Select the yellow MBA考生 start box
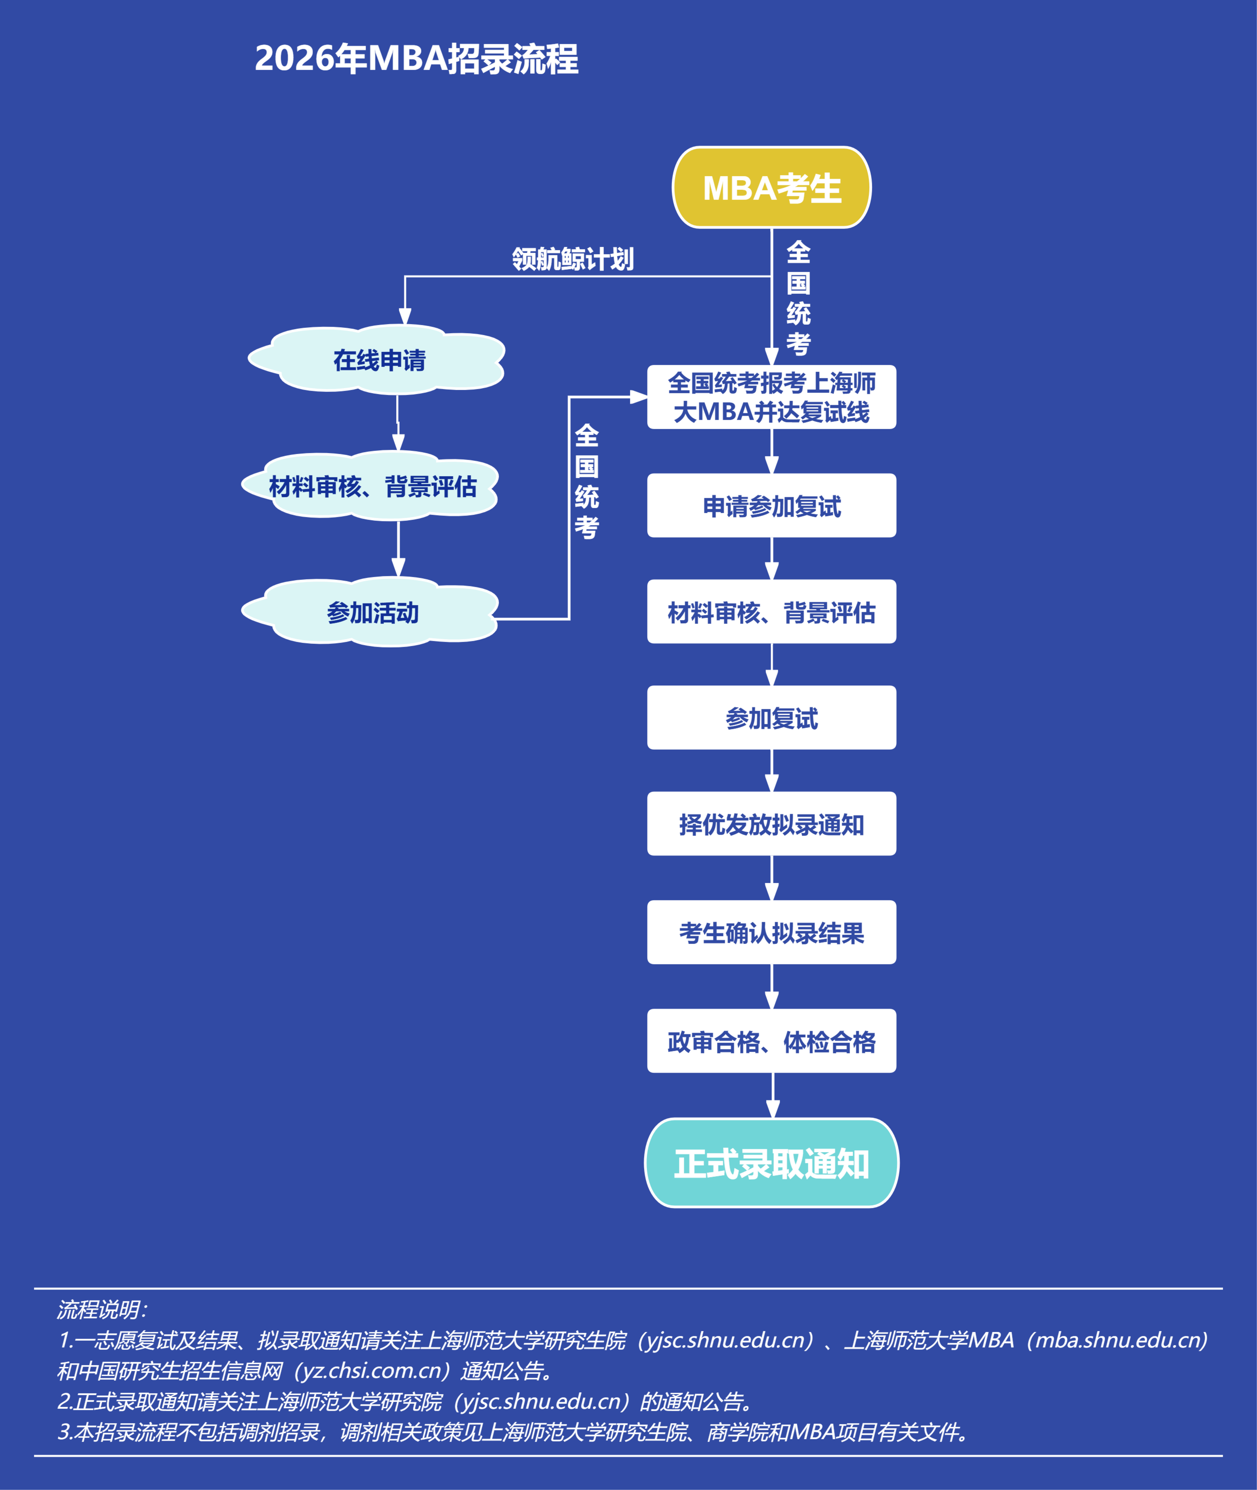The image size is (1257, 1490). [772, 187]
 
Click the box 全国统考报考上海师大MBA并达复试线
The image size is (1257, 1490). [772, 397]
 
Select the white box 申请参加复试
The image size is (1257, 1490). [772, 506]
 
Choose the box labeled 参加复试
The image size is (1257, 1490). [772, 718]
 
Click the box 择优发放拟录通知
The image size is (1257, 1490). [772, 824]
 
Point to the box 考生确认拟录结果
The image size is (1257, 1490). [772, 932]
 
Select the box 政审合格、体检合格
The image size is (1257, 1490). [772, 1041]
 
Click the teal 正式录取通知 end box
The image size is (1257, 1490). [772, 1163]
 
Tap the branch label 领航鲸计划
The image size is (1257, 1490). [573, 259]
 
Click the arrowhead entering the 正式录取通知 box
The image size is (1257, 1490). [773, 1109]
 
